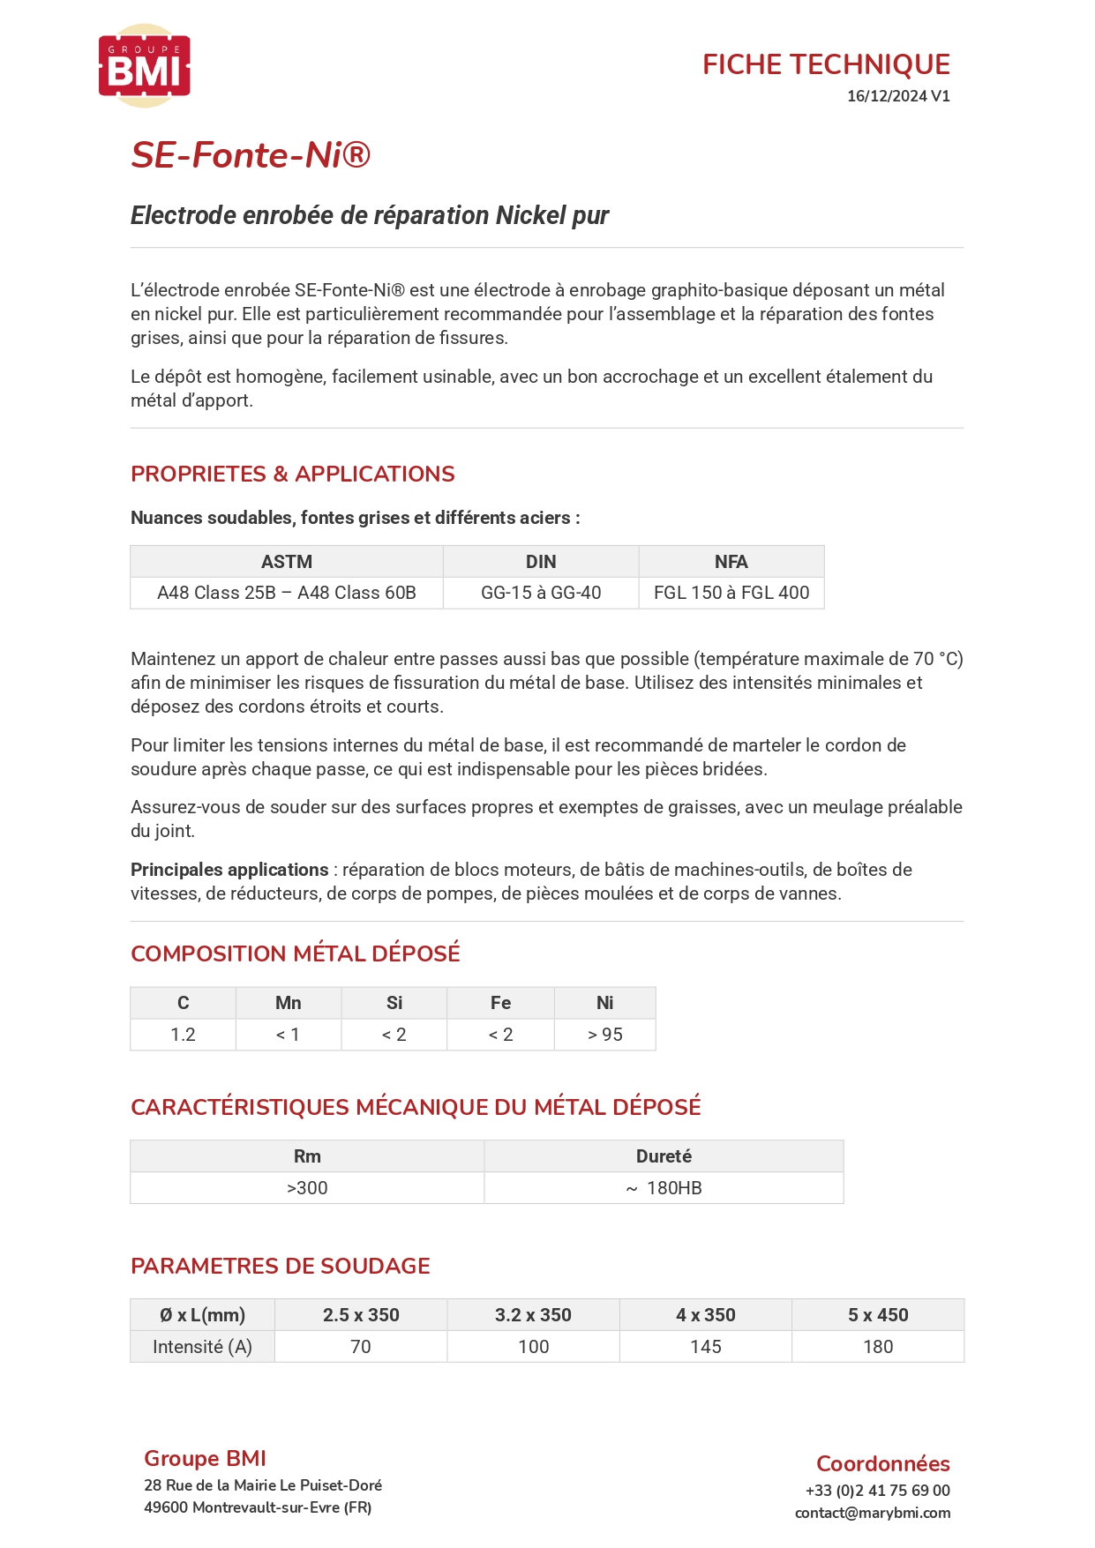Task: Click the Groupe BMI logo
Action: tap(145, 66)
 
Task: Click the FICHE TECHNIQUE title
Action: tap(826, 64)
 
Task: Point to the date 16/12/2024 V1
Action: tap(898, 96)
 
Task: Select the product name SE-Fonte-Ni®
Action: tap(251, 155)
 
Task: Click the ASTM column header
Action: tap(287, 562)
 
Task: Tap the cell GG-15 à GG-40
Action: tap(541, 593)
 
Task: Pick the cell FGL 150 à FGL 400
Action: tap(731, 593)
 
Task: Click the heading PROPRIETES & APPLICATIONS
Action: tap(293, 474)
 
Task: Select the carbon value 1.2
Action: tap(183, 1035)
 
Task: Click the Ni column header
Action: tap(604, 1003)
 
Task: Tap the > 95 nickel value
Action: tap(604, 1035)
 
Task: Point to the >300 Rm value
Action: tap(307, 1188)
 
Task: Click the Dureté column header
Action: tap(664, 1156)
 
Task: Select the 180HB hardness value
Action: tap(673, 1188)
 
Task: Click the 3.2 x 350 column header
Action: tap(533, 1315)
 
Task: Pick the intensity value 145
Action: tap(706, 1347)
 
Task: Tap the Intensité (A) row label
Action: tap(202, 1347)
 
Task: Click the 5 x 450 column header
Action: tap(878, 1315)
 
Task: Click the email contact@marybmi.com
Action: tap(873, 1513)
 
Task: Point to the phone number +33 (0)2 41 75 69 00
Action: tap(878, 1491)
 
